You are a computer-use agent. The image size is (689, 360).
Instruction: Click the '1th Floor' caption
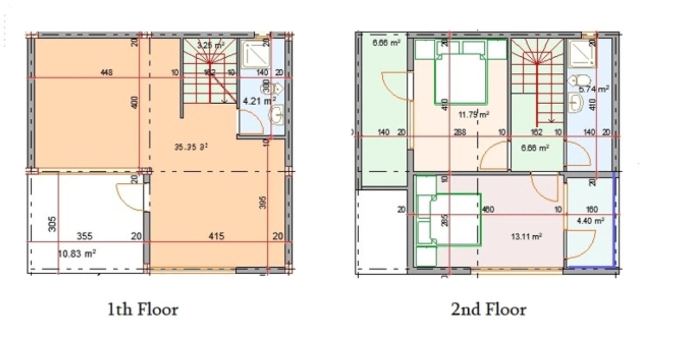click(x=143, y=310)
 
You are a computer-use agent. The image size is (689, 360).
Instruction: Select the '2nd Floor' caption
click(x=489, y=310)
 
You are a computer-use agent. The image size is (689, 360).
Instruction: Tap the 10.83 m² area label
click(x=77, y=253)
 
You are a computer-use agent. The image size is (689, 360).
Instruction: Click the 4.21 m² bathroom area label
click(x=259, y=100)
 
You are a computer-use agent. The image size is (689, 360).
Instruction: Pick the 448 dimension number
click(x=106, y=73)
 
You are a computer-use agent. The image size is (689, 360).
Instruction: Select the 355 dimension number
click(x=84, y=236)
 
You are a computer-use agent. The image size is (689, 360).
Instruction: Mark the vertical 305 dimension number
click(x=52, y=223)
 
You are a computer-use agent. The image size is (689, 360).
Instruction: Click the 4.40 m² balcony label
click(x=591, y=220)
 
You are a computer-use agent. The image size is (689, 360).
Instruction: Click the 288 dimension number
click(x=460, y=132)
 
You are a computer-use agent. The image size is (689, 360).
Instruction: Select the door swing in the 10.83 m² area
click(x=130, y=197)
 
